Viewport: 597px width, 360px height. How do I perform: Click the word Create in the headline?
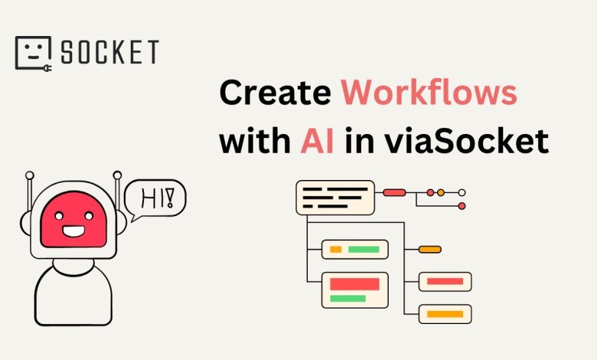(276, 93)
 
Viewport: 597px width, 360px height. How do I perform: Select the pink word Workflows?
(429, 93)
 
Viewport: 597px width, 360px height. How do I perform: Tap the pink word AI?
(318, 141)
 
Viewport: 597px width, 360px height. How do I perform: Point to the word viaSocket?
(466, 141)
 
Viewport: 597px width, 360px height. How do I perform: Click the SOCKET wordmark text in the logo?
(110, 52)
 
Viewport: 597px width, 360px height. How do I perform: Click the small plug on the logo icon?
(47, 69)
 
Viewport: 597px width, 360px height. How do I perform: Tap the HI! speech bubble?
(155, 199)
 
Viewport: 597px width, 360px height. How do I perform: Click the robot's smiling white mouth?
(73, 231)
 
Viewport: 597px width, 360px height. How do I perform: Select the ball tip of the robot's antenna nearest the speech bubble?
(117, 175)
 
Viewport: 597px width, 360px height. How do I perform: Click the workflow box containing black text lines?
(335, 198)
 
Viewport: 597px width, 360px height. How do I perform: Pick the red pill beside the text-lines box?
(394, 193)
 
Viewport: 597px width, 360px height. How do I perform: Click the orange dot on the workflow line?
(441, 193)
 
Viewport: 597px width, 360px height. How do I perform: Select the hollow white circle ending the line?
(462, 193)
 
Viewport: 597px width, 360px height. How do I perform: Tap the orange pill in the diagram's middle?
(430, 250)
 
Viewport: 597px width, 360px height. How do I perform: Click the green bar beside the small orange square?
(364, 250)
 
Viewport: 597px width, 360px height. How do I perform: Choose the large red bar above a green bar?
(355, 284)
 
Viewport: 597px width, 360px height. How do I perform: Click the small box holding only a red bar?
(445, 282)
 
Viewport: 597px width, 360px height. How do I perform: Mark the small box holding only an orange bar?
(445, 314)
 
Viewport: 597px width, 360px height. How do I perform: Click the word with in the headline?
(255, 141)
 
